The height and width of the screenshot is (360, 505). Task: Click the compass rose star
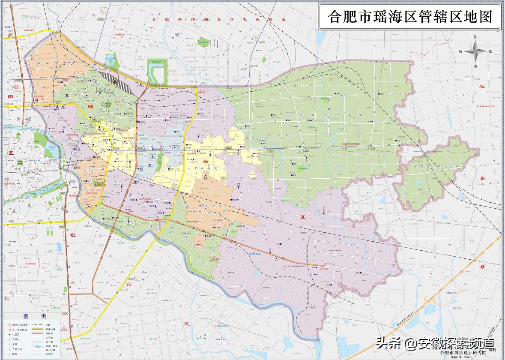pyautogui.click(x=476, y=52)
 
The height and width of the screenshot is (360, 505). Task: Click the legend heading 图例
pyautogui.click(x=35, y=316)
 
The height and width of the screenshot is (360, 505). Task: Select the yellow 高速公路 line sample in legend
pyautogui.click(x=51, y=330)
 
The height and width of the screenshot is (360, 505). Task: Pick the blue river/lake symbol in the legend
pyautogui.click(x=51, y=345)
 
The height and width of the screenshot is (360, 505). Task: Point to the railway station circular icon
pyautogui.click(x=114, y=80)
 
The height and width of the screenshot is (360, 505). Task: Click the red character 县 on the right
pyautogui.click(x=482, y=266)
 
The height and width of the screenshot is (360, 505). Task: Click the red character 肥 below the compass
pyautogui.click(x=482, y=86)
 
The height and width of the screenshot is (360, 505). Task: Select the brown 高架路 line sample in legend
pyautogui.click(x=51, y=336)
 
